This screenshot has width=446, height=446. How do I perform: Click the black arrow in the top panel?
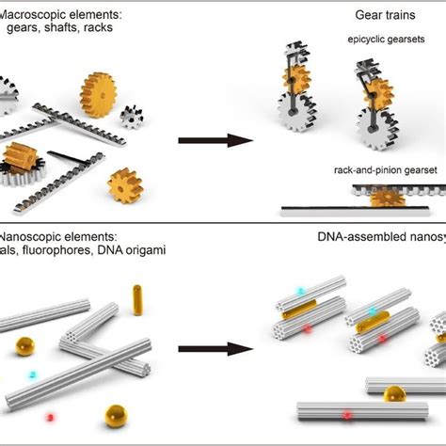coord(215,141)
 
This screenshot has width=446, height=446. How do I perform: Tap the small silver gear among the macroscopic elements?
coord(133,118)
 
